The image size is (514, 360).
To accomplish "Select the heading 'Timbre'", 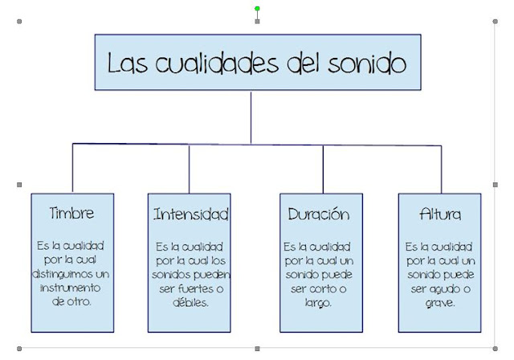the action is (x=71, y=214).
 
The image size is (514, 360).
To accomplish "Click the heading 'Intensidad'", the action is (x=191, y=215).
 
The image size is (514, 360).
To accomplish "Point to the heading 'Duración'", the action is (x=318, y=215).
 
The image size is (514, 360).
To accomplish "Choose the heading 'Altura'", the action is (x=439, y=215).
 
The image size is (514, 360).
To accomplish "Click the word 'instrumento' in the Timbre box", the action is (x=71, y=288).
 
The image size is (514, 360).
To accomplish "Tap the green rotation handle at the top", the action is (x=257, y=9).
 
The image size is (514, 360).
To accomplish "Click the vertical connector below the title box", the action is (x=251, y=117).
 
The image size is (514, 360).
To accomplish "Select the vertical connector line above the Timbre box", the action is (x=73, y=168).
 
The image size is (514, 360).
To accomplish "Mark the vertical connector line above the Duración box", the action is (x=323, y=169).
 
